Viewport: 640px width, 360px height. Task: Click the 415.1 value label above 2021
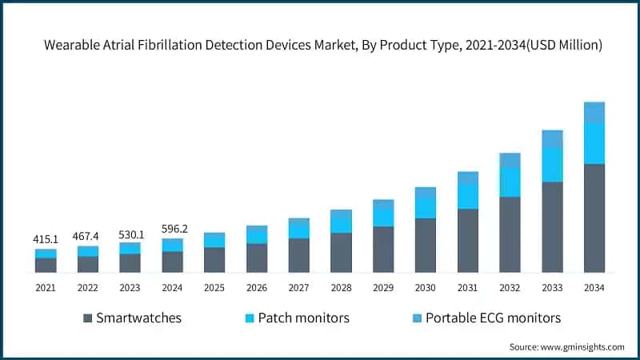pos(46,238)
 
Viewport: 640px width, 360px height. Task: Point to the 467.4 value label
pos(88,236)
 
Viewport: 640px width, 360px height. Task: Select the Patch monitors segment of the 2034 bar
pos(594,144)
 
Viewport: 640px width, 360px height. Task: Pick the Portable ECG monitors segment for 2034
pos(594,113)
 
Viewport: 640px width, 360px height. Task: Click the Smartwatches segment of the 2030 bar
pos(426,245)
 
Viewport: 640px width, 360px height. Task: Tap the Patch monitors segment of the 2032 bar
pos(510,182)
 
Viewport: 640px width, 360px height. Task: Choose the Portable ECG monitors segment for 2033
pos(552,138)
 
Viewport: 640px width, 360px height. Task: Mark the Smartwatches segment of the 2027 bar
pos(298,254)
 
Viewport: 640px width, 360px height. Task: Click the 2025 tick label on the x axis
pos(214,287)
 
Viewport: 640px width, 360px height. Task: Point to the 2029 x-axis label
pos(383,287)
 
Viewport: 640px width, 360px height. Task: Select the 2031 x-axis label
pos(467,287)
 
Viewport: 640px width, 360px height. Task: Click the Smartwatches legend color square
pos(87,318)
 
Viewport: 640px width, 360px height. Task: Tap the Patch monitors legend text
pos(303,318)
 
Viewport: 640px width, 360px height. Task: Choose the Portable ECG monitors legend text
pos(493,318)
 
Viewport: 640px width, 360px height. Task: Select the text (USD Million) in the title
pos(560,46)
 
